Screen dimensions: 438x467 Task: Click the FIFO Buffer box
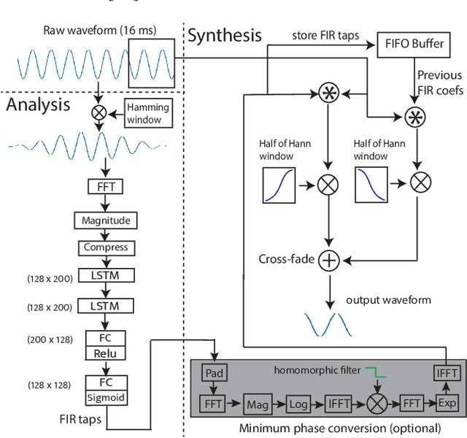tap(413, 43)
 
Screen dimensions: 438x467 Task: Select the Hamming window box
tap(148, 113)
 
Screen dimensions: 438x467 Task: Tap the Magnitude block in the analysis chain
tap(105, 220)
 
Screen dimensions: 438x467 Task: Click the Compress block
tap(105, 247)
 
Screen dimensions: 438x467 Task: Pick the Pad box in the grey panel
tap(214, 374)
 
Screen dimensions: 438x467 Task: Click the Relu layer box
tap(106, 353)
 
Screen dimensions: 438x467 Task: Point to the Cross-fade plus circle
tap(330, 259)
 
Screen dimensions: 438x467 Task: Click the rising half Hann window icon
tap(278, 185)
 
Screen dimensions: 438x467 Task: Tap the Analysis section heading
tap(38, 104)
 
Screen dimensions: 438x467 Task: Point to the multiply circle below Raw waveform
tap(97, 112)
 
